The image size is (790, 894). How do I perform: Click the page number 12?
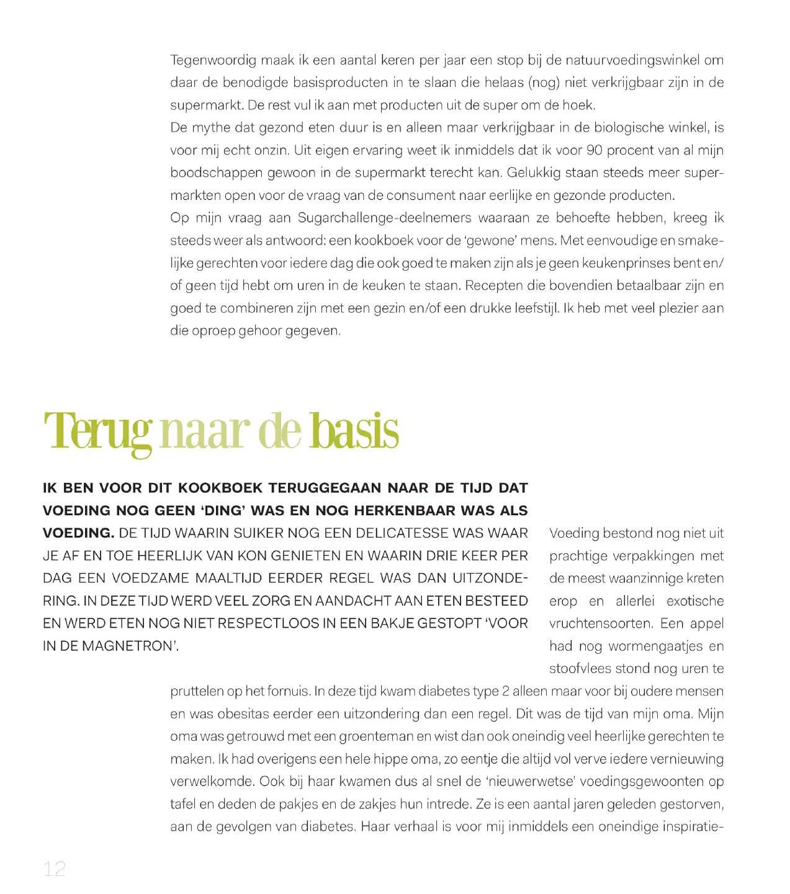55,869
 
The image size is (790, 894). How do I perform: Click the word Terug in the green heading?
97,431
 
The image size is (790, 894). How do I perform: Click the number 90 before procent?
595,150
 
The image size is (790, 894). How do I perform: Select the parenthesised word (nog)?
544,83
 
